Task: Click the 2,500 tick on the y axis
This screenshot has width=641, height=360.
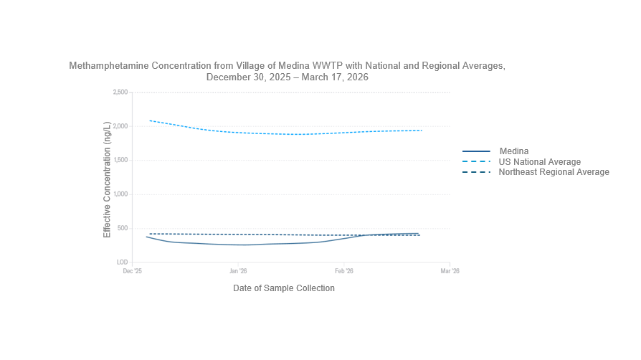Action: tap(120, 93)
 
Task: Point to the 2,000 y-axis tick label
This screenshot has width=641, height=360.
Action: tap(120, 126)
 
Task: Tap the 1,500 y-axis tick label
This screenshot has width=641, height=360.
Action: tap(120, 161)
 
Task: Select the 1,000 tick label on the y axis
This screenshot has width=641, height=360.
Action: tap(120, 194)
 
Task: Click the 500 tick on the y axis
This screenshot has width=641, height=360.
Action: tap(122, 229)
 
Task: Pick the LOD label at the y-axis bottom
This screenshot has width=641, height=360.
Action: tap(121, 262)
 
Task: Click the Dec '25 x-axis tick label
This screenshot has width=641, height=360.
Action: tap(133, 272)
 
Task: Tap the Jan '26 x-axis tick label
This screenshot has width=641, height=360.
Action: tap(238, 272)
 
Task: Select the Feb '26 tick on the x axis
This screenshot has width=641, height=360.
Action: tap(344, 272)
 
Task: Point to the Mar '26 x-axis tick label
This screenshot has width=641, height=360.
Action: tap(450, 272)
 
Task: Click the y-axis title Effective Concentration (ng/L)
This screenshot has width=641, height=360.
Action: tap(108, 180)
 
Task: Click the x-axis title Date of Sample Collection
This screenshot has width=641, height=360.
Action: tap(283, 288)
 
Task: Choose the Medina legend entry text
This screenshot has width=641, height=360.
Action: tap(513, 151)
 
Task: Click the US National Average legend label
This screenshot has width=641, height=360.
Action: tap(539, 162)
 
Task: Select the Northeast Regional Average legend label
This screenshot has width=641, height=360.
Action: tap(554, 172)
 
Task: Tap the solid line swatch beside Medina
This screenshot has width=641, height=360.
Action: tap(476, 151)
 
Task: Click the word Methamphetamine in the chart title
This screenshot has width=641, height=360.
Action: tap(105, 65)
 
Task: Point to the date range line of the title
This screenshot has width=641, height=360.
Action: tap(287, 77)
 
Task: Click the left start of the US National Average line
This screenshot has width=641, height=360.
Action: tap(149, 120)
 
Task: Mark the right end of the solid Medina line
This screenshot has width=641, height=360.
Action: tap(419, 233)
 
